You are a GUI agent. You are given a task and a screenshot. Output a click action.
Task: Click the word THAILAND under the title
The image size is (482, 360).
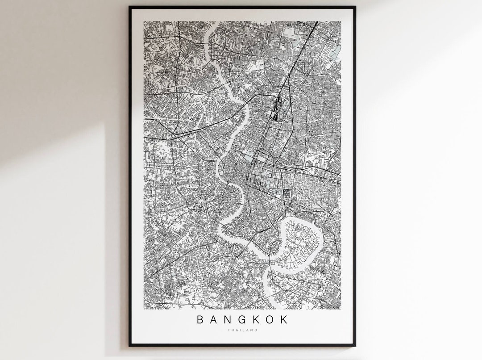[x=242, y=330]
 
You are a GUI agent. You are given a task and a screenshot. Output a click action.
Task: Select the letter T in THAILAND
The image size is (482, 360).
[x=228, y=330]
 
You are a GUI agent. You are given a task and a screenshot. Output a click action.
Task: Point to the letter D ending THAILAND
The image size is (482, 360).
[x=257, y=330]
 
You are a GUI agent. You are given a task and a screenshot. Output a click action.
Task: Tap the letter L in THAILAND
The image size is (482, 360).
[x=244, y=330]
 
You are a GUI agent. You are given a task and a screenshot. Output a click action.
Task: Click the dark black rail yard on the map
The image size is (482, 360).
[x=276, y=107]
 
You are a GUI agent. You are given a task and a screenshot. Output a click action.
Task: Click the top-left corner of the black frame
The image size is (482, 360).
[x=129, y=7]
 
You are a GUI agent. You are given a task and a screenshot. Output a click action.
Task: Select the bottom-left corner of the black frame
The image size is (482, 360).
[x=129, y=346]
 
